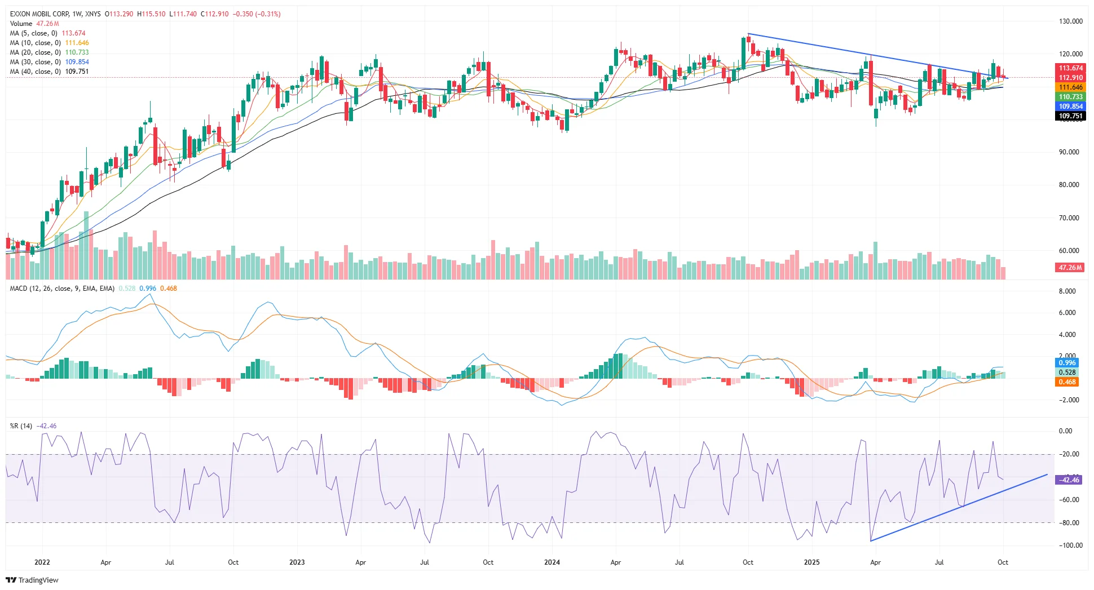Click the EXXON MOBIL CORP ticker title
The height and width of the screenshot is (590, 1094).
point(39,14)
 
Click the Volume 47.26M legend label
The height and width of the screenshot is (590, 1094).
point(21,24)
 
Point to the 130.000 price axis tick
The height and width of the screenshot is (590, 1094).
point(1070,21)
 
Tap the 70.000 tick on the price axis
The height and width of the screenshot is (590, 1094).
point(1069,218)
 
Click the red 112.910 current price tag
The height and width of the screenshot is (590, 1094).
point(1070,78)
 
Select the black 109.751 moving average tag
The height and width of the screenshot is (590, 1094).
point(1070,116)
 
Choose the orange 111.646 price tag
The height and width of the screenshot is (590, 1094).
point(1070,87)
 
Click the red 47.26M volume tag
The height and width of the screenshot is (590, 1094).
point(1070,268)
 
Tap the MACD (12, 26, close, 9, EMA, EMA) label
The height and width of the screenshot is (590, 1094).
point(62,289)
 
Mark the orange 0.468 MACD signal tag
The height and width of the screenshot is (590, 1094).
point(1067,382)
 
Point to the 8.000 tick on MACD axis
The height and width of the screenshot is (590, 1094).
point(1067,291)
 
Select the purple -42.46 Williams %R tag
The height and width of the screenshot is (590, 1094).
point(1068,480)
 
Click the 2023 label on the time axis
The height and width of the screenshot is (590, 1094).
point(297,562)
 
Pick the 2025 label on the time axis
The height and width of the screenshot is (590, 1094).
point(811,562)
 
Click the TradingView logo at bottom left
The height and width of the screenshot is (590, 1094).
point(33,580)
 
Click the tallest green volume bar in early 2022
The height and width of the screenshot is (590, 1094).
point(86,245)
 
